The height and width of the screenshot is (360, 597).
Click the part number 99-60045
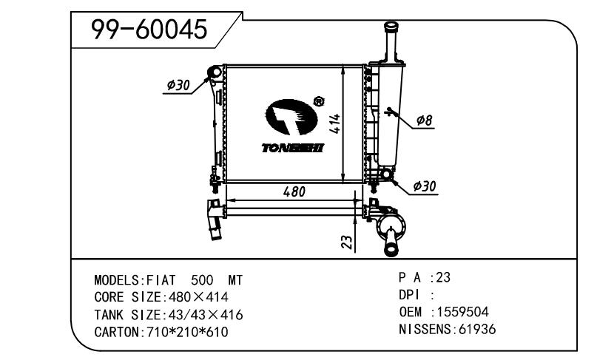tap(149, 30)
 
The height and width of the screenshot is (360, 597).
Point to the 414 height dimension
tap(335, 123)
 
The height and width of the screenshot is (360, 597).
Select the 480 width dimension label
tap(294, 191)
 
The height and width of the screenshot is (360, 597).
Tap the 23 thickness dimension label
tap(347, 242)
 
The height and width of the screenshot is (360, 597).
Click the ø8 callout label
tap(424, 120)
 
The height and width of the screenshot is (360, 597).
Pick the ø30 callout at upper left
tap(178, 85)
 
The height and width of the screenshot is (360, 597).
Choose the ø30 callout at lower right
tap(425, 186)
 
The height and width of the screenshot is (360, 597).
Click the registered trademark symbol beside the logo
tap(318, 101)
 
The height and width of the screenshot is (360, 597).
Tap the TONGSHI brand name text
tap(292, 148)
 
